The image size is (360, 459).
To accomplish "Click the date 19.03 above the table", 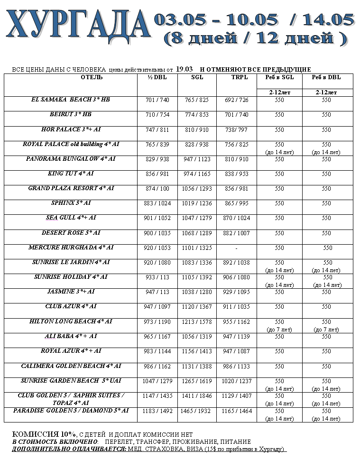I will pos(184,69).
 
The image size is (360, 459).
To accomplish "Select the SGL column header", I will pos(197,77).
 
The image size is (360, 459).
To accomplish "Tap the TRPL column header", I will pos(236,77).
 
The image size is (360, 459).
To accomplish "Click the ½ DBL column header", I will pos(157,77).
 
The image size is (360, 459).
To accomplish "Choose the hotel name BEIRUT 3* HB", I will pos(70,114).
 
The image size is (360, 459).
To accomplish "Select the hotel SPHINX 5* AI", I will pos(71,203).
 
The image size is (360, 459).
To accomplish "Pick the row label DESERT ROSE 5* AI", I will pos(71,233).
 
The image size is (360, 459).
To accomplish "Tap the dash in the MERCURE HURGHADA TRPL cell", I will pos(236,248).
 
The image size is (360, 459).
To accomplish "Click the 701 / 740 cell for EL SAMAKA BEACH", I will pos(157,100).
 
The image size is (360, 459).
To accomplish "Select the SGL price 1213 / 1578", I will pos(197,322).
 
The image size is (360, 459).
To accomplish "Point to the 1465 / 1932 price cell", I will pos(197,411).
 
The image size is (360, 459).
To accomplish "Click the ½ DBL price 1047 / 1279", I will pos(157,381).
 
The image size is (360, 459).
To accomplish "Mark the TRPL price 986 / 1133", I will pos(236,367).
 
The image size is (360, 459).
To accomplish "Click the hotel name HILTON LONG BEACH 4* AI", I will pos(71,321).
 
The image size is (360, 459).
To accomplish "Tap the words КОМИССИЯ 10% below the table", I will pos(44,434).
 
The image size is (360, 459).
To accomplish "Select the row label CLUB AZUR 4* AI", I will pos(71,306).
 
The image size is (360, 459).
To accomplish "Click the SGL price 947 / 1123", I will pos(197,159).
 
